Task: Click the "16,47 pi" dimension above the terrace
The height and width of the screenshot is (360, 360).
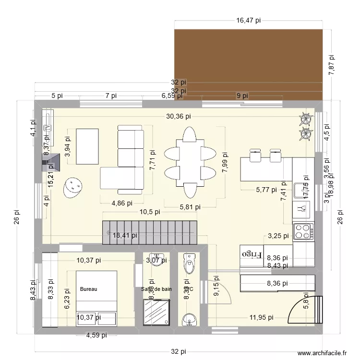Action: click(x=248, y=21)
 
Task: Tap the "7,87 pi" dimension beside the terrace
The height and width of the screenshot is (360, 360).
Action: click(x=331, y=63)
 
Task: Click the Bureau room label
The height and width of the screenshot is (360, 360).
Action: click(x=89, y=289)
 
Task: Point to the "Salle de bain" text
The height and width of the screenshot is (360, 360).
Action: click(x=156, y=289)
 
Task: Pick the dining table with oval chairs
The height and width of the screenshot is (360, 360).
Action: click(x=190, y=162)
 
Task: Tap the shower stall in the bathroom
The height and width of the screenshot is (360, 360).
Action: click(x=156, y=312)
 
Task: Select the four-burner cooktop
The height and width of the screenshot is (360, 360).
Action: click(x=304, y=232)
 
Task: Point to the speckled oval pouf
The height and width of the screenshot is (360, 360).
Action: click(x=72, y=187)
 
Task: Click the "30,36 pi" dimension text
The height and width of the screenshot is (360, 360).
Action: click(x=179, y=116)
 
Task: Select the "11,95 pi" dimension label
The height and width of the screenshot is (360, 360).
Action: click(x=262, y=317)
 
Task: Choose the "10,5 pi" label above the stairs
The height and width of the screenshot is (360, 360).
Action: click(x=150, y=212)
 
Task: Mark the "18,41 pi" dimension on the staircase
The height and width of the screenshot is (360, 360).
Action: click(x=125, y=235)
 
